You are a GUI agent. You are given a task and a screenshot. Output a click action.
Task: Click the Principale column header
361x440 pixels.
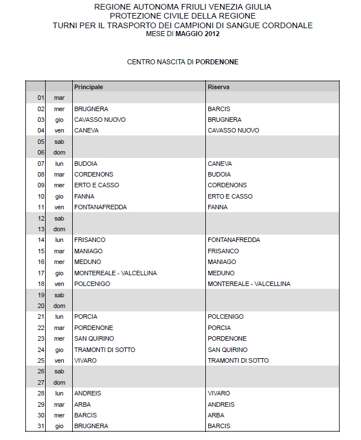[x=89, y=87]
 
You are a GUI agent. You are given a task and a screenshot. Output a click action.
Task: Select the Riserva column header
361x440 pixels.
[x=218, y=87]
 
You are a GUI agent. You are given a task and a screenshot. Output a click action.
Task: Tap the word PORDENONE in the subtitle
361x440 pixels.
[x=217, y=62]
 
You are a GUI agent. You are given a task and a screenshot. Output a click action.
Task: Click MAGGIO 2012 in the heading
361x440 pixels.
[x=197, y=34]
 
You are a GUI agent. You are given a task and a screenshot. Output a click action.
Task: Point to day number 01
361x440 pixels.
[x=41, y=98]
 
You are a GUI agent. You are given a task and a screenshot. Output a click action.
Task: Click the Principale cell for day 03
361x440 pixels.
[x=100, y=120]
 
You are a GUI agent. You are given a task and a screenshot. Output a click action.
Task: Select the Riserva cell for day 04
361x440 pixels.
[x=234, y=130]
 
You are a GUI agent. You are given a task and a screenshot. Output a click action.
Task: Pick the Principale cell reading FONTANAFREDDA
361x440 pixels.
[x=100, y=207]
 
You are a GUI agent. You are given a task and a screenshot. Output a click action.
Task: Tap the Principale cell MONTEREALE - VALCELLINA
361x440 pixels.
[x=116, y=273]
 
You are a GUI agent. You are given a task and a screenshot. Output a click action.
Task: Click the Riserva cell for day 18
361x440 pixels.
[x=249, y=284]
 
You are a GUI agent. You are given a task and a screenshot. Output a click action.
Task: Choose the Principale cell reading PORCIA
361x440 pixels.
[x=86, y=316]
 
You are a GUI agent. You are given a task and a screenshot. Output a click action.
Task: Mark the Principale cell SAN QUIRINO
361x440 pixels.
[x=94, y=338]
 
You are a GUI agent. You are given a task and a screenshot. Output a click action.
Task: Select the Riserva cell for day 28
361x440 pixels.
[x=219, y=393]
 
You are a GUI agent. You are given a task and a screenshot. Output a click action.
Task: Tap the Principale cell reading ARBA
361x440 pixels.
[x=82, y=404]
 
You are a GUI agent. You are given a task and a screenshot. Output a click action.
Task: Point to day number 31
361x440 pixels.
[x=41, y=426]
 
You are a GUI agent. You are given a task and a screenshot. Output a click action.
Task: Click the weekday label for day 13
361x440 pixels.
[x=59, y=229]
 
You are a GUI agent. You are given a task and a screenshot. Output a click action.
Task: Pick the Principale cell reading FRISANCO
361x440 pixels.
[x=90, y=240]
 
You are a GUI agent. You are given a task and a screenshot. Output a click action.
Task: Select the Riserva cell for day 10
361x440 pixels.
[x=230, y=196]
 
